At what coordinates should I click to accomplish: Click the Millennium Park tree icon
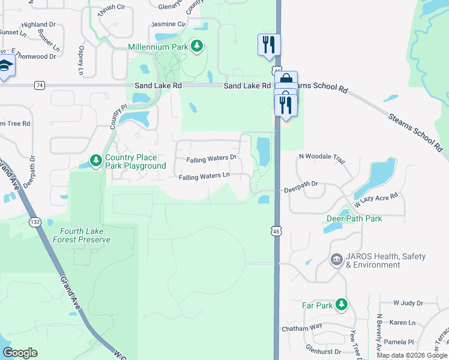(x=196, y=46)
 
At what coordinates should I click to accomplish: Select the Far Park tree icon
(x=342, y=305)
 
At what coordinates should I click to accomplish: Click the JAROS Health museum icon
(x=336, y=260)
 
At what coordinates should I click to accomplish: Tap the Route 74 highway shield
(x=40, y=86)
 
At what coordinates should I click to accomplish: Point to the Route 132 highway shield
(x=35, y=222)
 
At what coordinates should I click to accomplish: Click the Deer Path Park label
(x=354, y=218)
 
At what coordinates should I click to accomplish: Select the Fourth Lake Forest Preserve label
(x=85, y=235)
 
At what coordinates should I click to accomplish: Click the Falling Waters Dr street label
(x=212, y=158)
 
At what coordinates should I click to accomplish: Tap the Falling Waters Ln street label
(x=205, y=176)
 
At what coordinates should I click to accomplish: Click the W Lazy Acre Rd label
(x=376, y=200)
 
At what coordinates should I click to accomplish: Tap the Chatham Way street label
(x=301, y=328)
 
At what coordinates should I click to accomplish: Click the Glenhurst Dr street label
(x=324, y=352)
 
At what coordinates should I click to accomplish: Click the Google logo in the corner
(x=20, y=353)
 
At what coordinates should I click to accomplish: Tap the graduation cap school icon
(x=6, y=67)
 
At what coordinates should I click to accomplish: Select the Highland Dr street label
(x=38, y=25)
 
